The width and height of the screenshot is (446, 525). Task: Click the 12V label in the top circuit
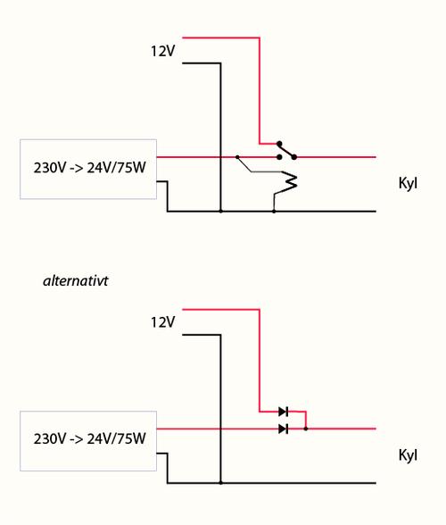pyautogui.click(x=162, y=51)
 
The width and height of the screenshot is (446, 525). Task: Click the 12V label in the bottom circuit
pyautogui.click(x=162, y=322)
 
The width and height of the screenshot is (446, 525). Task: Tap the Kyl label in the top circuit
pyautogui.click(x=408, y=184)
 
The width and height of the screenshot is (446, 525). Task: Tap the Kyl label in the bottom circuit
pyautogui.click(x=408, y=455)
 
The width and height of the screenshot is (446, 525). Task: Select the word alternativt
pyautogui.click(x=76, y=280)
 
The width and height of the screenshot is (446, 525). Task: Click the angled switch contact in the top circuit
pyautogui.click(x=286, y=150)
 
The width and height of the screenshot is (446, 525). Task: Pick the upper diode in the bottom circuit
pyautogui.click(x=284, y=412)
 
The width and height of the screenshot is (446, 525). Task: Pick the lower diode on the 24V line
pyautogui.click(x=284, y=429)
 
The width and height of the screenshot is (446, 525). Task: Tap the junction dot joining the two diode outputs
pyautogui.click(x=305, y=429)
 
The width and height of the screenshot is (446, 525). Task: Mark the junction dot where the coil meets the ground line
pyautogui.click(x=274, y=212)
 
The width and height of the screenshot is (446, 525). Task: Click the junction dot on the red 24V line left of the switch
pyautogui.click(x=237, y=157)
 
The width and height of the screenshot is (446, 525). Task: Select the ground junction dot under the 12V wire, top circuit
pyautogui.click(x=220, y=212)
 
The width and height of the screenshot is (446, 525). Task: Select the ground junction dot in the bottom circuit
pyautogui.click(x=220, y=483)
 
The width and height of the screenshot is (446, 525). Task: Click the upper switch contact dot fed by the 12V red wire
pyautogui.click(x=279, y=144)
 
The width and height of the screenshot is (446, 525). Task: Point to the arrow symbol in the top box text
pyautogui.click(x=77, y=168)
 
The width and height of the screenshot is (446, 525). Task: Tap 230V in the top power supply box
pyautogui.click(x=50, y=168)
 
